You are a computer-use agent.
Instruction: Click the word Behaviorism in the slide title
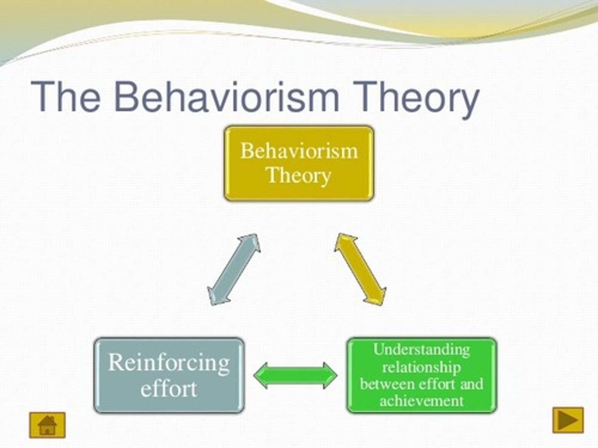point(226,97)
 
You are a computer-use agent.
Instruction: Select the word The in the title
point(66,97)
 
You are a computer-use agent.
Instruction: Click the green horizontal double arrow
point(295,375)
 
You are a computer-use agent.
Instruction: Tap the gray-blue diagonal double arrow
point(234,270)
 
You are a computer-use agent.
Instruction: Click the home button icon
point(47,425)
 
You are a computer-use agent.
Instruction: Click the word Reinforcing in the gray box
point(169,363)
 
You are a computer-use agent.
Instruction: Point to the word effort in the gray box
point(169,389)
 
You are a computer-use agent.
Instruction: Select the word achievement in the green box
point(421,401)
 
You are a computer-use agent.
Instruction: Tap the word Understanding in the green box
point(421,350)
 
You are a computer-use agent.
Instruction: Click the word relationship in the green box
point(421,367)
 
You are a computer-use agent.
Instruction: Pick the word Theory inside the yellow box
point(298,175)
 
